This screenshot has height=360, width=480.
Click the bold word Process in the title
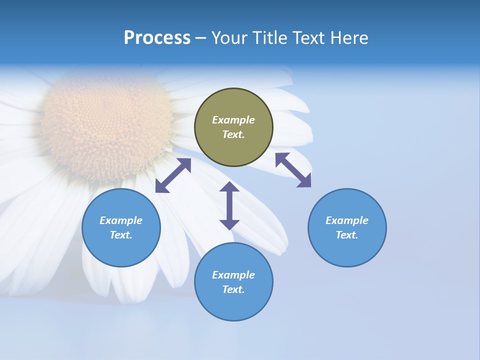coord(157,38)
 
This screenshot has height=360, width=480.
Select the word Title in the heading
coord(270,38)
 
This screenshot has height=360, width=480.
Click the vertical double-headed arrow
coord(229,205)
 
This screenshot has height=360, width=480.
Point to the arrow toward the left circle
coord(173,175)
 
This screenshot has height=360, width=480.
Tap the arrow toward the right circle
coord(293,170)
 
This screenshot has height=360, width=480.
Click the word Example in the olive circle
coord(233,120)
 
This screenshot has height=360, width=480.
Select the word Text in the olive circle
coord(233,134)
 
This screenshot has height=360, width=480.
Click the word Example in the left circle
coord(121,220)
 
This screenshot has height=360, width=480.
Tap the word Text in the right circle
coord(346,235)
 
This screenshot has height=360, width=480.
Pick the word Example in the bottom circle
coord(233,275)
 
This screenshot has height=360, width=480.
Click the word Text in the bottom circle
coord(233,289)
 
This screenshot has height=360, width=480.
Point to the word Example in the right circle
coord(347,220)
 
